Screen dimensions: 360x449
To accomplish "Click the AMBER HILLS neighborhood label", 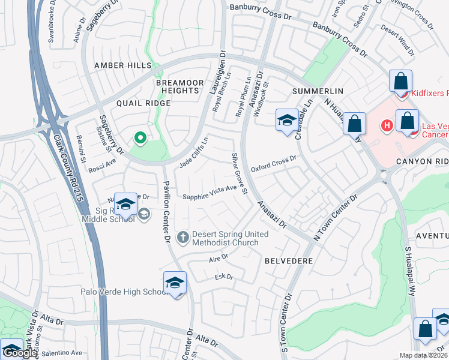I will tap(122, 65).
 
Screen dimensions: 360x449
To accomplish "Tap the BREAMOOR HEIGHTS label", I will tap(177, 86).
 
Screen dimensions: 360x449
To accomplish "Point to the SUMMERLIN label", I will tap(317, 91).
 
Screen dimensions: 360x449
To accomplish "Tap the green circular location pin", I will tap(140, 139).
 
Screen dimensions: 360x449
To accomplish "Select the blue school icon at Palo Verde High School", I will tap(175, 283).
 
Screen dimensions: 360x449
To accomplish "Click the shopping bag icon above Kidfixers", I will tap(400, 81).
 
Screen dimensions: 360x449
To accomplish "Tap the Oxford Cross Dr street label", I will tap(274, 164).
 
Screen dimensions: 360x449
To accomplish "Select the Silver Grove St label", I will tap(239, 173).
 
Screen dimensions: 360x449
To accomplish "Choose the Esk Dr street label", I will tap(223, 277).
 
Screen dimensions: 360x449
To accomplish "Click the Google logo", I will tap(20, 353).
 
